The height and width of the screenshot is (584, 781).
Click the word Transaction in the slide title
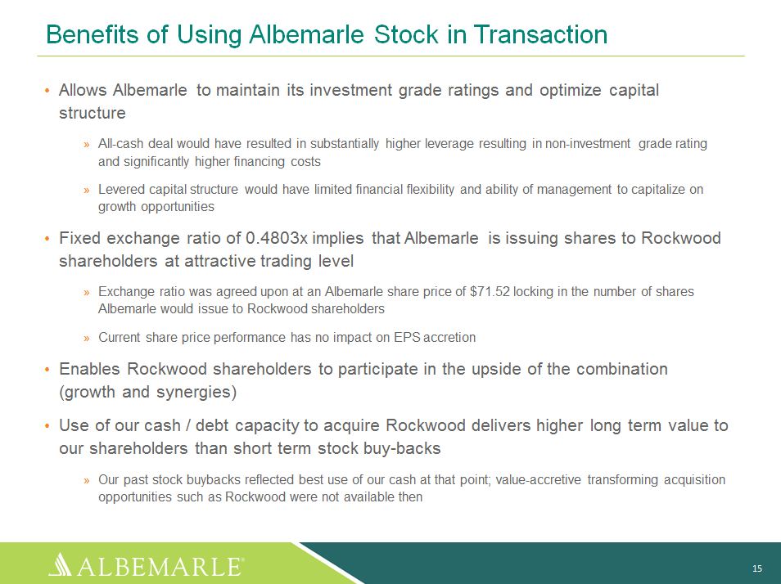coord(541,34)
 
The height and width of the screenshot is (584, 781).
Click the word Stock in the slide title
coord(406,34)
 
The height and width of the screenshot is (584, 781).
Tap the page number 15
coord(757,568)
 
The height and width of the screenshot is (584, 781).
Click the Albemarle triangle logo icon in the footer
coord(61,564)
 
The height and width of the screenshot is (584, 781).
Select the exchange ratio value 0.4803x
coord(277,238)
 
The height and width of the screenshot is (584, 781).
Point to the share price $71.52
coord(490,291)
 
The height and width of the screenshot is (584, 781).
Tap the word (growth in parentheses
coord(87,393)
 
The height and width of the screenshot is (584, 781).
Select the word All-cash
coord(119,144)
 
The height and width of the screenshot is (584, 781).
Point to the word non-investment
coord(588,144)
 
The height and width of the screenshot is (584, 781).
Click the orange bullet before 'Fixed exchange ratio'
coord(47,239)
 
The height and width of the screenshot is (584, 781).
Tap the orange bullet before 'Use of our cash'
coord(47,426)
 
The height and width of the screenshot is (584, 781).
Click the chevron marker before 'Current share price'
coord(87,339)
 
